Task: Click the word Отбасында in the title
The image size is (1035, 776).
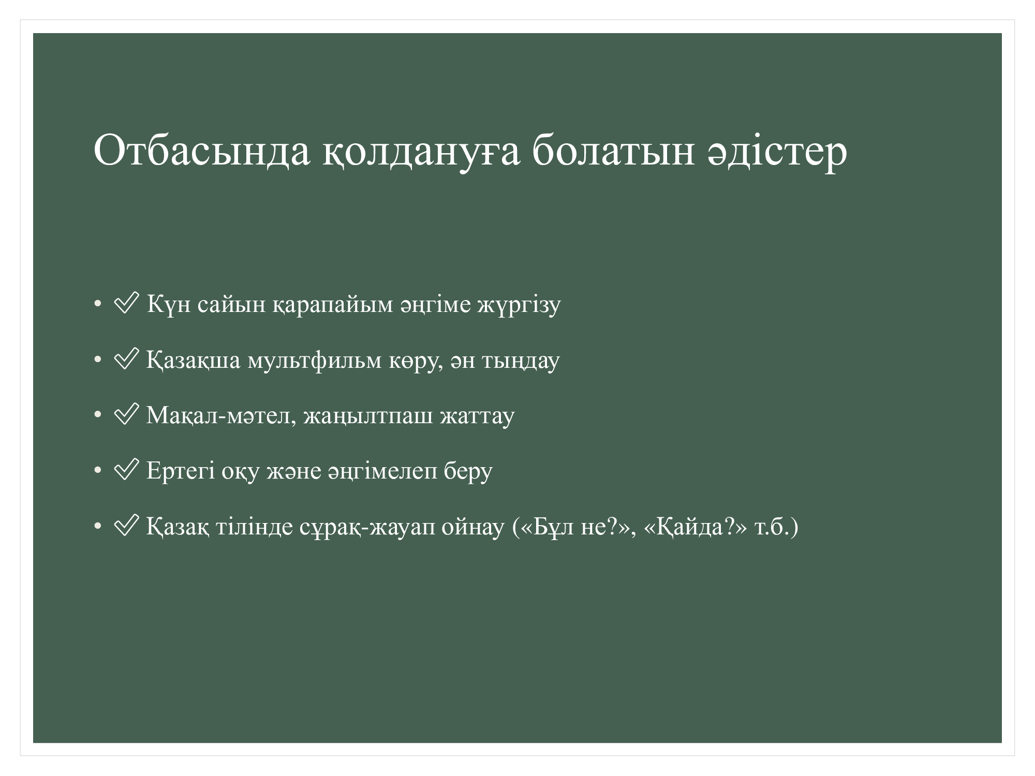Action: point(202,151)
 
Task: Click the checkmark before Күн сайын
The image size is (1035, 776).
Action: point(126,303)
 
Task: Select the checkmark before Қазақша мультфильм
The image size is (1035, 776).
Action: point(126,359)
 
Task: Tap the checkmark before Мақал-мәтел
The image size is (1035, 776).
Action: point(126,414)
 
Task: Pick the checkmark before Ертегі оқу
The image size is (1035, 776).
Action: point(126,469)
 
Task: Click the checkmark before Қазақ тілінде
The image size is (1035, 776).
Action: point(126,526)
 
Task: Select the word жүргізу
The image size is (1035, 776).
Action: point(519,305)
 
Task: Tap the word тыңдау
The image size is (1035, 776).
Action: point(521,361)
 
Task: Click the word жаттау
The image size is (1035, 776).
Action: point(477,416)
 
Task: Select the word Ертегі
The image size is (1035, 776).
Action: point(180,471)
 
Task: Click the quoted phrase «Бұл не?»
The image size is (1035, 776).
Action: point(575,527)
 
